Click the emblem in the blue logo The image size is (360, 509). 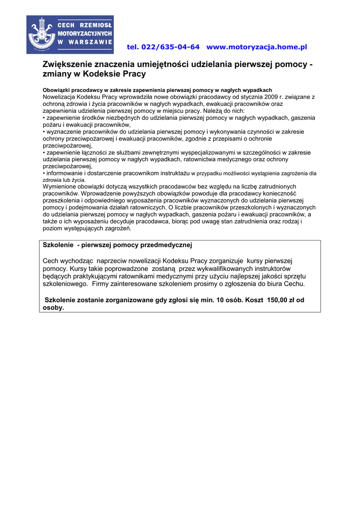(x=42, y=34)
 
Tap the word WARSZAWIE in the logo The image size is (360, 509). (x=90, y=42)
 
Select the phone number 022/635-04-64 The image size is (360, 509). (x=171, y=47)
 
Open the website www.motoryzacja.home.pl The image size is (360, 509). (x=257, y=47)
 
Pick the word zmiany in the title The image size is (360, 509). (x=55, y=74)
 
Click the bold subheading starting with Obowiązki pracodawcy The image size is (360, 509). (x=157, y=90)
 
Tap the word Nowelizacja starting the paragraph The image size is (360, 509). (x=61, y=97)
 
